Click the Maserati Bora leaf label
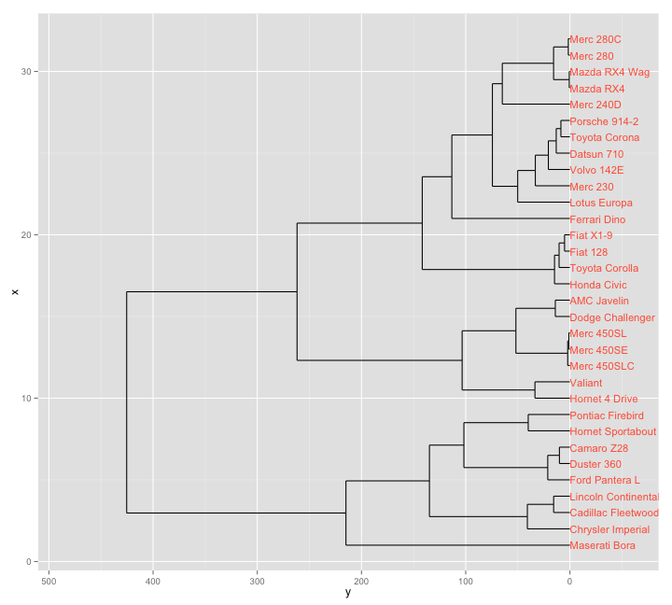[x=602, y=546]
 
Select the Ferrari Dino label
[x=597, y=219]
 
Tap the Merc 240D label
[x=595, y=105]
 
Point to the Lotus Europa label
[x=600, y=203]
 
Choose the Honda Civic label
[x=597, y=285]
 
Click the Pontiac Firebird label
[x=606, y=415]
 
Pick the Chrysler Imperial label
[x=609, y=529]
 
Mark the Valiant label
[x=585, y=383]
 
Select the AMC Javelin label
[x=598, y=301]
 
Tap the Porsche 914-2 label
[x=604, y=121]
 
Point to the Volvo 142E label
[x=596, y=170]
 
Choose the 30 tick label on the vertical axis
[x=27, y=72]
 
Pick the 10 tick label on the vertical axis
[x=27, y=399]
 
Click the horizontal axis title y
[x=347, y=593]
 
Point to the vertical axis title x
[x=14, y=292]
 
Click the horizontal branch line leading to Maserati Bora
[x=457, y=545]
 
